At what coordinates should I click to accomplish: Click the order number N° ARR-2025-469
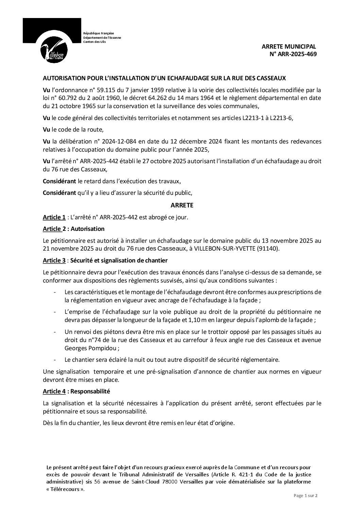pos(293,54)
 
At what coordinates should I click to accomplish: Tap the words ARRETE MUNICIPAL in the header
pos(289,46)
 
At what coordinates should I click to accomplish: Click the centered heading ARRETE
pos(182,205)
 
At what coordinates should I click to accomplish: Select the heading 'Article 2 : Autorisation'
pos(73,229)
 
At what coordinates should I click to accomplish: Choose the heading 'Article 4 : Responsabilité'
pos(76,391)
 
